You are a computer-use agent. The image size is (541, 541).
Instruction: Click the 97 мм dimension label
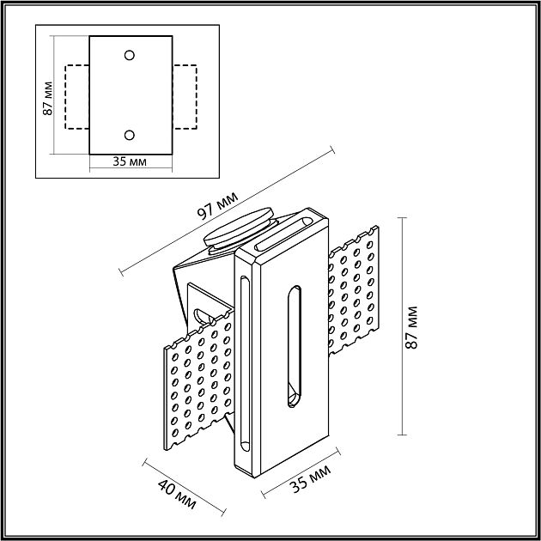[x=217, y=205]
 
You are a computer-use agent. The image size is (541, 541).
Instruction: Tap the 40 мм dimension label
[x=177, y=495]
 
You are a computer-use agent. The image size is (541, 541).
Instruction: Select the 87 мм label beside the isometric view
[x=411, y=328]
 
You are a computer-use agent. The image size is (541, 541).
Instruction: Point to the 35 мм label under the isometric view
[x=310, y=479]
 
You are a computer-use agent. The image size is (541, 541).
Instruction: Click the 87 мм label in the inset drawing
[x=47, y=99]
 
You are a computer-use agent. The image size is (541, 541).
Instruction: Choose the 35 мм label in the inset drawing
[x=130, y=161]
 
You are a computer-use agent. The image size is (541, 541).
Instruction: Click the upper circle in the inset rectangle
[x=130, y=55]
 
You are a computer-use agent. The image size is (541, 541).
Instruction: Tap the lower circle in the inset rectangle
[x=130, y=135]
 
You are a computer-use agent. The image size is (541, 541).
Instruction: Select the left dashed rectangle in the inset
[x=65, y=97]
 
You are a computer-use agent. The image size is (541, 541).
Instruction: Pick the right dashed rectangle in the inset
[x=197, y=97]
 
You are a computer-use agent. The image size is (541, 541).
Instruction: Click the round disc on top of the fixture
[x=239, y=227]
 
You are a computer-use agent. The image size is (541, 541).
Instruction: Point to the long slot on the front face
[x=295, y=346]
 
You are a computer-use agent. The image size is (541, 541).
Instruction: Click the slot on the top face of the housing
[x=283, y=234]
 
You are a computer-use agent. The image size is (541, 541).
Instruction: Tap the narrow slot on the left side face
[x=245, y=363]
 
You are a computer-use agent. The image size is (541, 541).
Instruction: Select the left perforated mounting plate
[x=198, y=380]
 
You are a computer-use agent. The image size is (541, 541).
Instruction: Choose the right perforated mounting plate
[x=354, y=290]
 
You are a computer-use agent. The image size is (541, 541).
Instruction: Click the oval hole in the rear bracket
[x=201, y=316]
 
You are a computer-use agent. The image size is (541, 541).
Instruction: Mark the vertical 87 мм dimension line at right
[x=402, y=326]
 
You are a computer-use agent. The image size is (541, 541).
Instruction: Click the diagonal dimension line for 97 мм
[x=227, y=211]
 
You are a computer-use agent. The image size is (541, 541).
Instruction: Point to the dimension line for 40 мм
[x=185, y=487]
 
